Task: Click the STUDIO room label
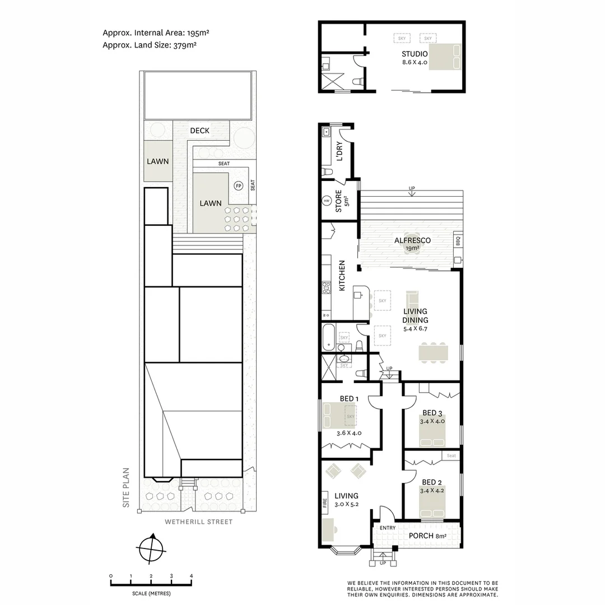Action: pos(415,54)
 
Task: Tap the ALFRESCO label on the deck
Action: pos(412,240)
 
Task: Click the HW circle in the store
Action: pos(327,201)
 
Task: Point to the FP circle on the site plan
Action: pos(238,186)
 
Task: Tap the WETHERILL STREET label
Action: pos(198,522)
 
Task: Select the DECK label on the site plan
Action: pos(199,131)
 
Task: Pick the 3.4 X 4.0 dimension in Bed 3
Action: pos(432,421)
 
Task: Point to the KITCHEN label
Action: pos(342,276)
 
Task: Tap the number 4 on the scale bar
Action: pos(191,576)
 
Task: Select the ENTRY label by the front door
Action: pos(388,528)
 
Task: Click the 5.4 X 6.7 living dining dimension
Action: pos(415,329)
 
